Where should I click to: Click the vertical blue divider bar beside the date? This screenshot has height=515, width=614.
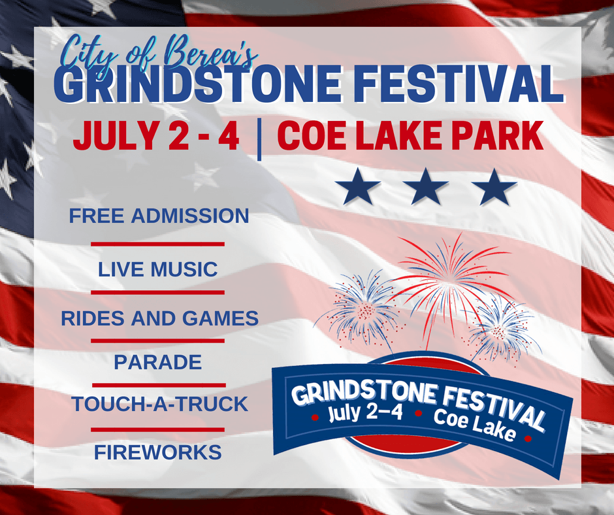pos(259,139)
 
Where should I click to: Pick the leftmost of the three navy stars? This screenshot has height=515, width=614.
pos(358,187)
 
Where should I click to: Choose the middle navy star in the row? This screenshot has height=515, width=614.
pos(426,187)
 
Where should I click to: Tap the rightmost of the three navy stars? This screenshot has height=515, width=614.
pos(494,187)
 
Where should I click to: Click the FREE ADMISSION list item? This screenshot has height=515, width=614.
pos(159,216)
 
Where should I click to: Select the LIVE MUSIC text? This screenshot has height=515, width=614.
pos(157,269)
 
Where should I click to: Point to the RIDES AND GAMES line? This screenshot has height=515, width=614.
pos(159,319)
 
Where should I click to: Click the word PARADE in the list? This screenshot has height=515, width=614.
pos(157,361)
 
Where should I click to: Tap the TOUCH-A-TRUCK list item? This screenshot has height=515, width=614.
pos(159,404)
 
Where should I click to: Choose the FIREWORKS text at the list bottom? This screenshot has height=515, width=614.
pos(157,452)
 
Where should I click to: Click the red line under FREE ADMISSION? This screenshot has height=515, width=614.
pos(157,244)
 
